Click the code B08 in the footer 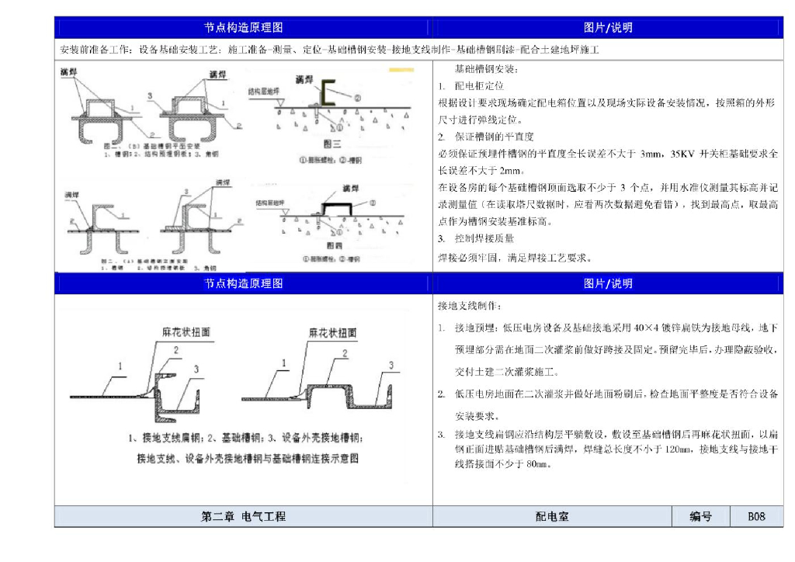(756, 516)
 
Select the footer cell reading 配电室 (552, 516)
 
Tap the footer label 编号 (700, 516)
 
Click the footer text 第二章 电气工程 (243, 516)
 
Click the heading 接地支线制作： (465, 306)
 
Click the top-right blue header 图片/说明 (608, 27)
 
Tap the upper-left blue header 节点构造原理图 (243, 27)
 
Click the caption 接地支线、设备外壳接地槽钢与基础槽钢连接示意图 (248, 458)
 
